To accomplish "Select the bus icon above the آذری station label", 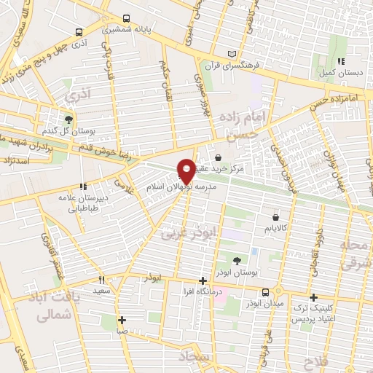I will coord(79,32).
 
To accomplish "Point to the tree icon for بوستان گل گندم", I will coord(69,119).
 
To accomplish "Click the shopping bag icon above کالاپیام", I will coord(275,216).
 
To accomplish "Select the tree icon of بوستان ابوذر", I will coord(236,260).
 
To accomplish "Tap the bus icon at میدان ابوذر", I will coord(276,290).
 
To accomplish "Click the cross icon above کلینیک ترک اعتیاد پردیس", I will coord(313,297).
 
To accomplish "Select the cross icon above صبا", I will coord(122,319).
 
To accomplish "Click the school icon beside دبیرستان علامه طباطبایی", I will coord(83,185).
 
